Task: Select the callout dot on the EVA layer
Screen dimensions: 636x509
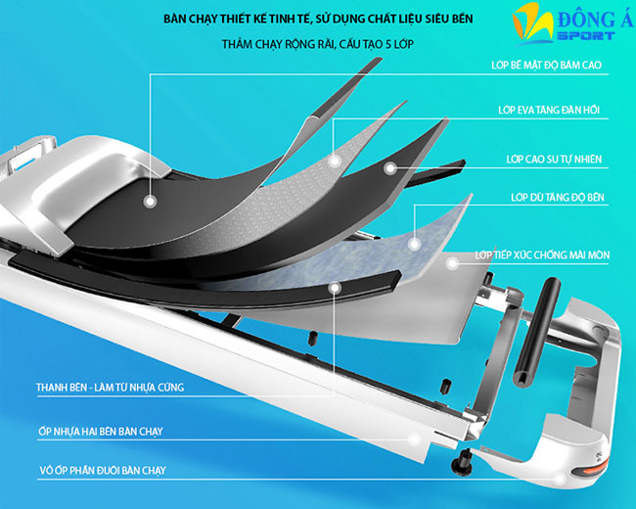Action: pyautogui.click(x=333, y=156)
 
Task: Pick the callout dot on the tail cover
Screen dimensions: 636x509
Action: pyautogui.click(x=560, y=479)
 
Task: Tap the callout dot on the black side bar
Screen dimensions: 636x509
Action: pyautogui.click(x=335, y=288)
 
